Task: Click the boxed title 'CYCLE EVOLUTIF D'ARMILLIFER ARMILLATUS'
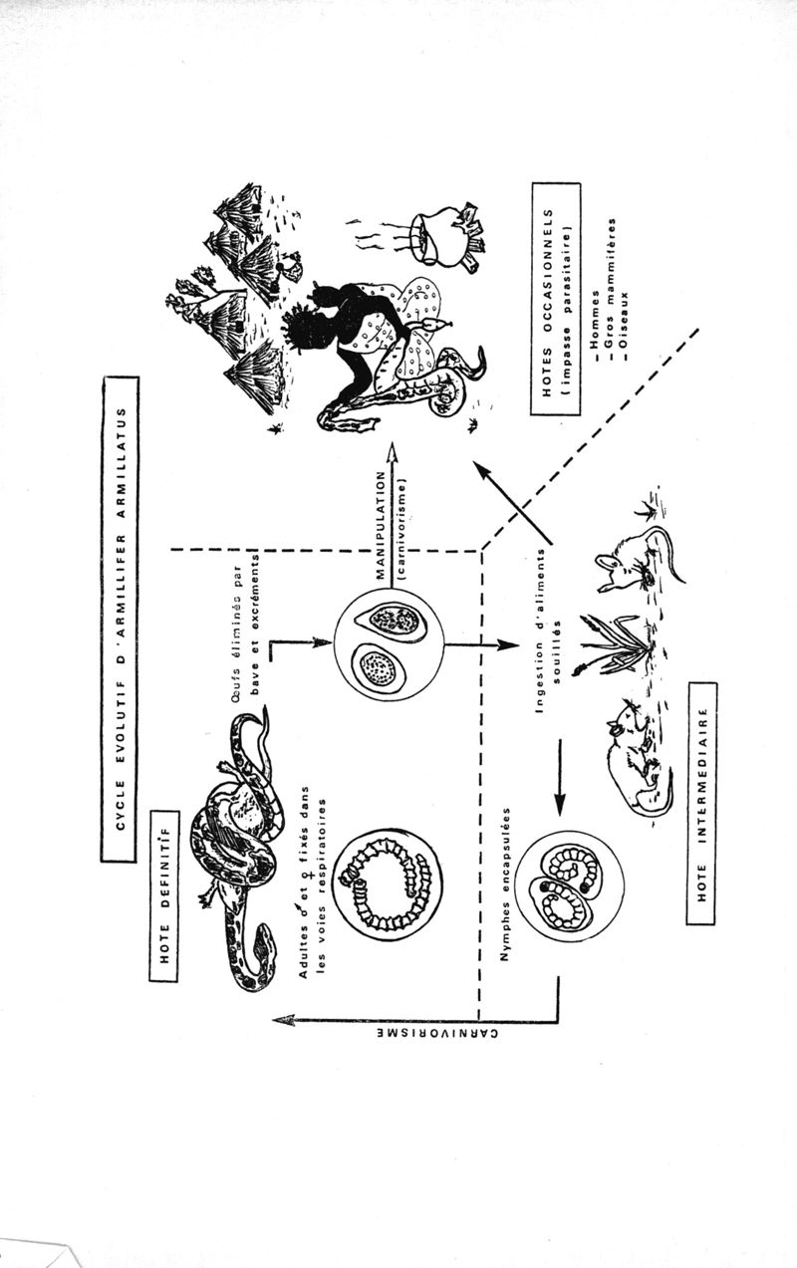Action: [119, 619]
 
